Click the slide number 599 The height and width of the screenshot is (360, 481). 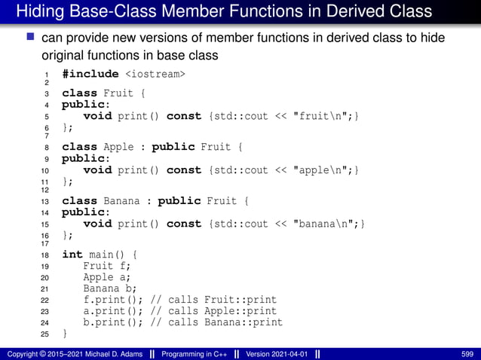point(468,353)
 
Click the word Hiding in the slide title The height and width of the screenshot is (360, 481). point(39,11)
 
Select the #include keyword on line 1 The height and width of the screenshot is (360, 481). point(90,74)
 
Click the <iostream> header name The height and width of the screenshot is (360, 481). point(155,74)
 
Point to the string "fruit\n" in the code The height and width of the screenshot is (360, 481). point(323,117)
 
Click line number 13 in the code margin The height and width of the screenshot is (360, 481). point(44,203)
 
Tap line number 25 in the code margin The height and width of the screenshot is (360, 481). point(44,334)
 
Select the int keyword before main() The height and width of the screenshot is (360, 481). point(72,255)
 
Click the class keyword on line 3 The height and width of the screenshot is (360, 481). point(79,94)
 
